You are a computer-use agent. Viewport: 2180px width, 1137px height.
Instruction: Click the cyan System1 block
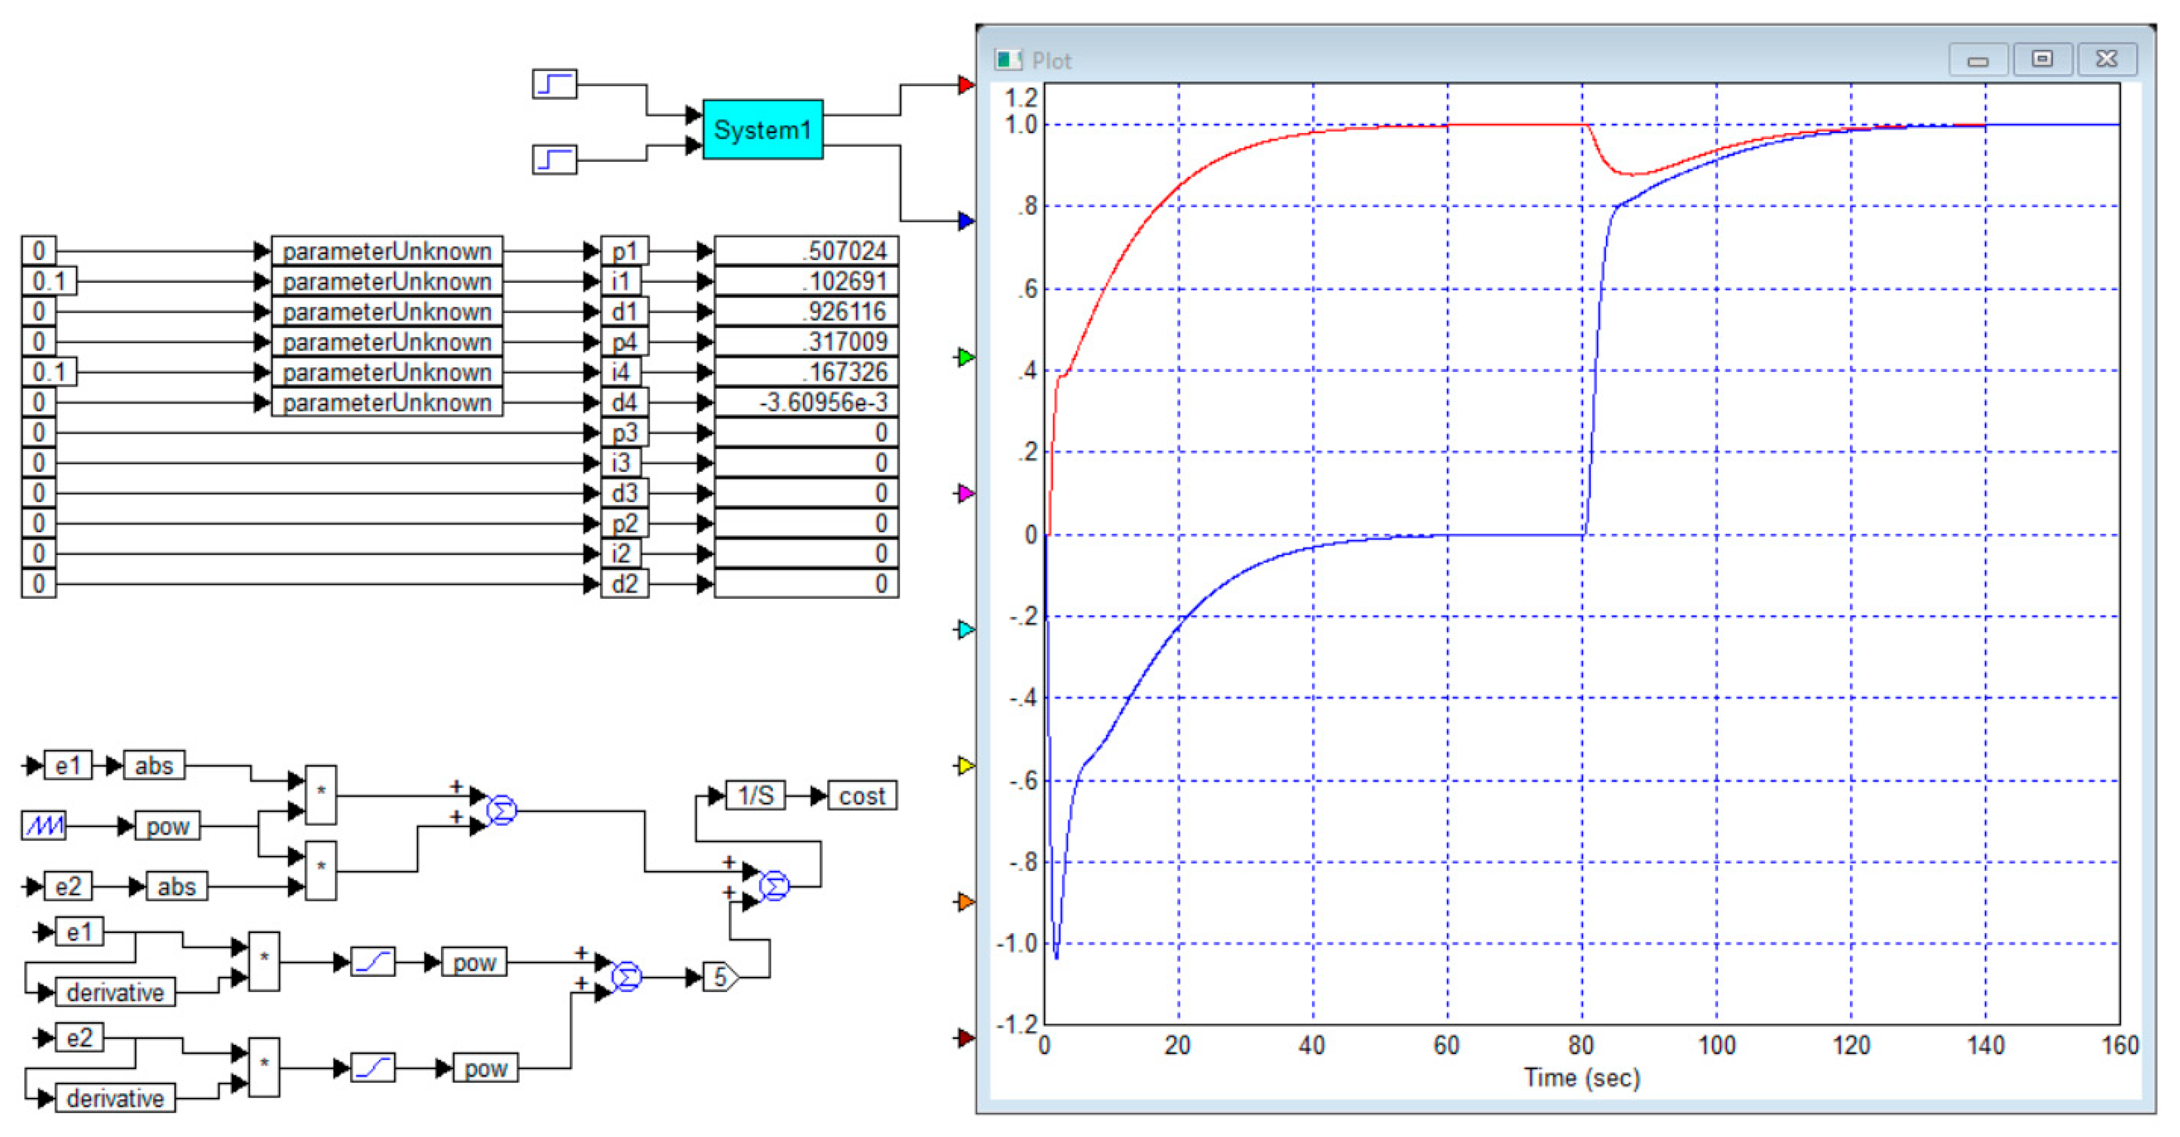point(762,129)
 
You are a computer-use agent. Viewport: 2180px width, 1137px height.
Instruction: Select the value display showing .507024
point(805,251)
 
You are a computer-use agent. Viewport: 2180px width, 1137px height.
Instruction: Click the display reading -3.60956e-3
point(805,402)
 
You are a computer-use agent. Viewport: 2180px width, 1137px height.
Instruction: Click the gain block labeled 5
point(720,977)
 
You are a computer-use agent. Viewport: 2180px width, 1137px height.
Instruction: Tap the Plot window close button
point(2106,59)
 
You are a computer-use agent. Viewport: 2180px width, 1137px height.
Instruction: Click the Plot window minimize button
point(1978,59)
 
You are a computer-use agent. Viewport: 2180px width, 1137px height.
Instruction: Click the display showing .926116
point(805,312)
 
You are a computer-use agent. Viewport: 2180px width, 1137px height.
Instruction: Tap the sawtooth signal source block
point(43,825)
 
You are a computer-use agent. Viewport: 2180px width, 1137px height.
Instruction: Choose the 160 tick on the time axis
point(2119,1046)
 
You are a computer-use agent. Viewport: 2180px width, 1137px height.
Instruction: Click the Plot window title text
point(1051,61)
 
